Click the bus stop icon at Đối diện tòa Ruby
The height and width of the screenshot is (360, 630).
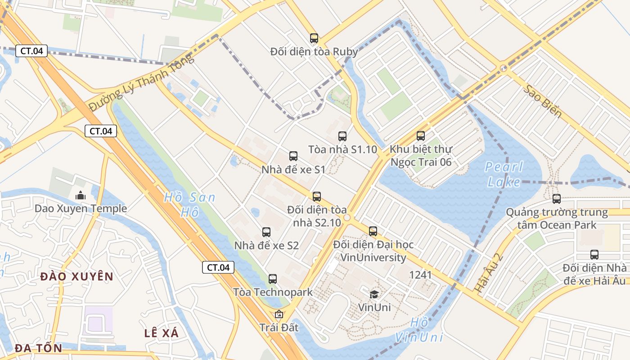(x=314, y=38)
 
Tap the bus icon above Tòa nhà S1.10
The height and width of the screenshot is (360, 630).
(x=342, y=136)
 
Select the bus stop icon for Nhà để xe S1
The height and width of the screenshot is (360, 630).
(x=293, y=156)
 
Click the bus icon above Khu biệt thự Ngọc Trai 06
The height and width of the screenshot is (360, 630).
(x=421, y=135)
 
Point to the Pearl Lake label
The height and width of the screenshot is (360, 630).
(x=504, y=175)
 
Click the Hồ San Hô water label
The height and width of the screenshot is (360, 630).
(x=189, y=204)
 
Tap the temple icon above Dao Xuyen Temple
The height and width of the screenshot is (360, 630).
(x=81, y=195)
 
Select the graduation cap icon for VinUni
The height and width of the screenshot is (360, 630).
(x=374, y=294)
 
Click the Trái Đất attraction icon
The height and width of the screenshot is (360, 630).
(x=279, y=314)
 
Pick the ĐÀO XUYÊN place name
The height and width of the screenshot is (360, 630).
(x=76, y=276)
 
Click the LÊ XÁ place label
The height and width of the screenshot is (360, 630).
(x=162, y=333)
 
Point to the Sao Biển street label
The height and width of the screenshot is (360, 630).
(x=543, y=101)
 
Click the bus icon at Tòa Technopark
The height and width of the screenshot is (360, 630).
(x=273, y=279)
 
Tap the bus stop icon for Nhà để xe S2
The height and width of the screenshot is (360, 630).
(x=266, y=232)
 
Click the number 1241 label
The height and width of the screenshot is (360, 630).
(x=420, y=275)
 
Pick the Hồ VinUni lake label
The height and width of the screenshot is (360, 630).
(x=419, y=330)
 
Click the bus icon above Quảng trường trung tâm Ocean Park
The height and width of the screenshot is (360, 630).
(x=557, y=198)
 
